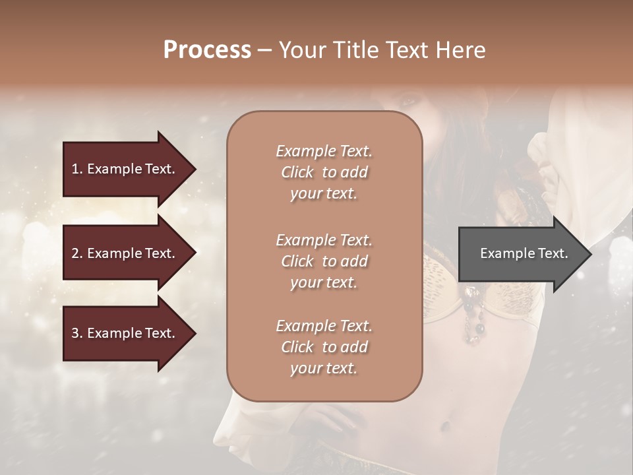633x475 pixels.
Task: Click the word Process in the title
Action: point(207,50)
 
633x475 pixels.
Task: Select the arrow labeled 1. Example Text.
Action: point(124,169)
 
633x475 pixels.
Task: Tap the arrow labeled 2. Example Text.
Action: point(124,253)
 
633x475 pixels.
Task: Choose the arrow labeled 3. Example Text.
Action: point(124,333)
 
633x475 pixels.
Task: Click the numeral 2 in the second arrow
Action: point(75,253)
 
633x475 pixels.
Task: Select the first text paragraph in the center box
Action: point(324,172)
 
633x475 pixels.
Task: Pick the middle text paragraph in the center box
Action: point(324,261)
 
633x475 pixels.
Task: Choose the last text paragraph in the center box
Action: point(324,347)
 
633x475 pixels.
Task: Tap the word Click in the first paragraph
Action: point(297,172)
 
